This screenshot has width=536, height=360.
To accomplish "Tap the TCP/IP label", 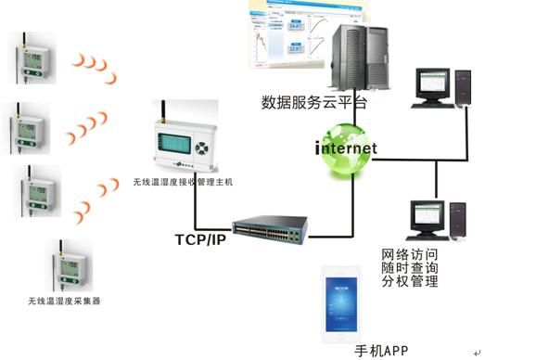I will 200,238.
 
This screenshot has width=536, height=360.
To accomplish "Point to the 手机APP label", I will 381,350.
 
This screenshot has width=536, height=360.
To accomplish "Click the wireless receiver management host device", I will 184,143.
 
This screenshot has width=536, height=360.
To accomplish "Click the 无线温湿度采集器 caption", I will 64,302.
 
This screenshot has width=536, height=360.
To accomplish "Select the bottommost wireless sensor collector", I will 66,263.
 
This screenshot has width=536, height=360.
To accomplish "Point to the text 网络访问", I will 409,254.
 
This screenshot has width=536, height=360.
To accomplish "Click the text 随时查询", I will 409,268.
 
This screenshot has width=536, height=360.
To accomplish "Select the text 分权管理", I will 409,281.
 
